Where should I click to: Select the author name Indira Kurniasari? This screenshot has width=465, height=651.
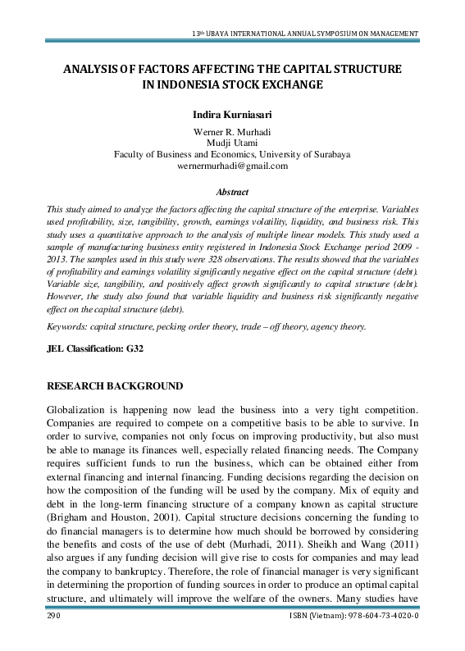(x=232, y=115)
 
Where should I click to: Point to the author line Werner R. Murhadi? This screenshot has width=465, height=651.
(x=232, y=131)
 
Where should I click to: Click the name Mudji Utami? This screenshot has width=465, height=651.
(x=232, y=143)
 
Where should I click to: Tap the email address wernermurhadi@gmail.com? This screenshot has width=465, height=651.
(x=232, y=166)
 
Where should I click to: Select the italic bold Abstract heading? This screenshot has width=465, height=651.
(x=231, y=190)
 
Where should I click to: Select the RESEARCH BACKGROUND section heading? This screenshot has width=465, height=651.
(x=115, y=362)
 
